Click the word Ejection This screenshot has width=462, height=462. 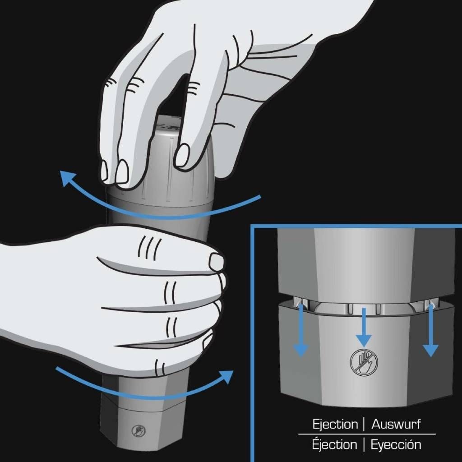pyautogui.click(x=335, y=425)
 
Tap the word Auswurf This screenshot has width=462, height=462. pyautogui.click(x=396, y=424)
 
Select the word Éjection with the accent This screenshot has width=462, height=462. pyautogui.click(x=334, y=444)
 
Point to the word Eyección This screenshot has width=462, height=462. pyautogui.click(x=396, y=444)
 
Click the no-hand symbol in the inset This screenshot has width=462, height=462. pyautogui.click(x=364, y=362)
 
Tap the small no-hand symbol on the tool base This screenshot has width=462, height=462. pyautogui.click(x=139, y=431)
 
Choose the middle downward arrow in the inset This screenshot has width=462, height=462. pyautogui.click(x=364, y=327)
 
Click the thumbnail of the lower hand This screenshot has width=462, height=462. pyautogui.click(x=217, y=262)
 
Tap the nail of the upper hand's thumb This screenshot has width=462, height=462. pyautogui.click(x=182, y=155)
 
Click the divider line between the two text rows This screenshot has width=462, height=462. pyautogui.click(x=367, y=434)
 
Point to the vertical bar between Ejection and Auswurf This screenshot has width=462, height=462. pyautogui.click(x=365, y=424)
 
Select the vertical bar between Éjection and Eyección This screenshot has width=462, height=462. pyautogui.click(x=364, y=444)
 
